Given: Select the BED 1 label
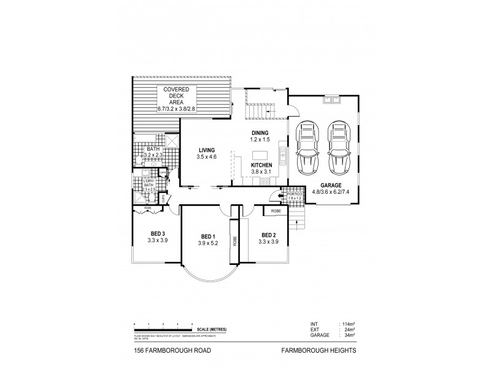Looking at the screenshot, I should pos(207,237).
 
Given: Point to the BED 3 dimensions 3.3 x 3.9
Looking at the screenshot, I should pos(157,240).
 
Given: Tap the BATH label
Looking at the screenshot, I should pos(153,149).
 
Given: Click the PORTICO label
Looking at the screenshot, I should pos(295,193).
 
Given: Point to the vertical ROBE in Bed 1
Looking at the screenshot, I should pos(234,240).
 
